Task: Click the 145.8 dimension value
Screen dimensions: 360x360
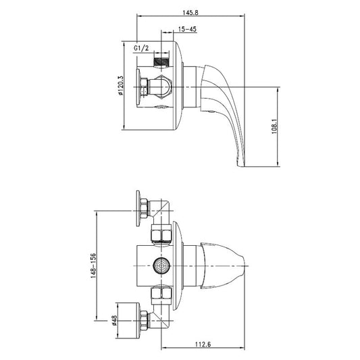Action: (x=190, y=12)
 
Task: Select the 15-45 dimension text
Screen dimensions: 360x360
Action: (x=187, y=30)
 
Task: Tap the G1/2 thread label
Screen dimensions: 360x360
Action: (x=141, y=48)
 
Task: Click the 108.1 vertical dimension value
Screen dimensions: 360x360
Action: (x=274, y=126)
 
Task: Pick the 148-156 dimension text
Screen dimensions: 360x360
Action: (x=93, y=265)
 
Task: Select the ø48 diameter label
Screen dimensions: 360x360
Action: (x=114, y=321)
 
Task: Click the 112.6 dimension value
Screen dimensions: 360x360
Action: (x=203, y=344)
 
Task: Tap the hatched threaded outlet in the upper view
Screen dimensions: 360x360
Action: (x=161, y=61)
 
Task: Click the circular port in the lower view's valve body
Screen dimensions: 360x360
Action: (x=161, y=266)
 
